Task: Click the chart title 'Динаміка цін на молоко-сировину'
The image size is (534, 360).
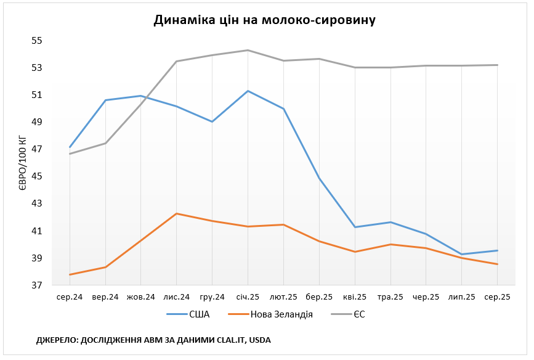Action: tap(264, 20)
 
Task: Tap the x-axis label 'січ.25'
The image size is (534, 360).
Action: tap(248, 297)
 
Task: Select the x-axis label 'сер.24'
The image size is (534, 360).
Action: tap(70, 297)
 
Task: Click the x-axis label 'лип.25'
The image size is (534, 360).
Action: tap(462, 297)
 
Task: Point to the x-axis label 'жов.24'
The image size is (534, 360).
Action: tap(141, 297)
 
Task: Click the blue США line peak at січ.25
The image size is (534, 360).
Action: tap(248, 91)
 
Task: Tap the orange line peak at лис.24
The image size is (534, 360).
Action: tap(177, 213)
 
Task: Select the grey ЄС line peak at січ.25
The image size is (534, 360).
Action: tap(248, 50)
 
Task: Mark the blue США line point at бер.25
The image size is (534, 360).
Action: tap(319, 179)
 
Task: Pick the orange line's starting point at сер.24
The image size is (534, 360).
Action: tap(70, 274)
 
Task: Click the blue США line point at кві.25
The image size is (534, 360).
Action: tap(355, 227)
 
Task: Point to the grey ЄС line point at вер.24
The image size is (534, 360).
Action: tap(105, 143)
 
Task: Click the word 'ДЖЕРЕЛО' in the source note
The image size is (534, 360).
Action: tap(57, 340)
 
